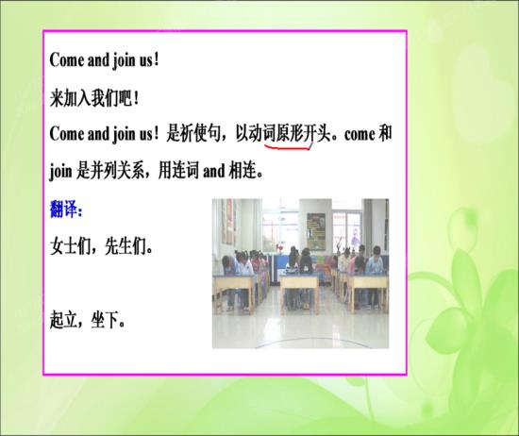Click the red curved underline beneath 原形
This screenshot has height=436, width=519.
[x=287, y=146]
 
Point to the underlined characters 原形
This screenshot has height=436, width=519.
[x=287, y=134]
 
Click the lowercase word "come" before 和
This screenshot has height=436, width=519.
[x=353, y=134]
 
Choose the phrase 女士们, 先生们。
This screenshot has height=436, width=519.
[x=102, y=249]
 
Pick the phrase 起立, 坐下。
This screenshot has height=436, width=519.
[x=88, y=319]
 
